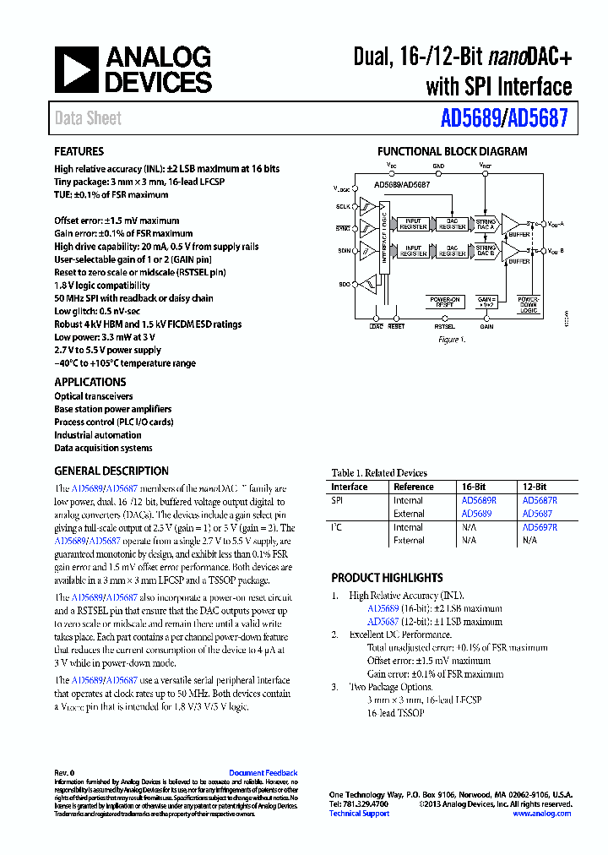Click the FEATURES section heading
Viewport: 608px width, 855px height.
[79, 152]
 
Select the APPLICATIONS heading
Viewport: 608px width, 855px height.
[90, 382]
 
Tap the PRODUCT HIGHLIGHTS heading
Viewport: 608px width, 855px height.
[387, 578]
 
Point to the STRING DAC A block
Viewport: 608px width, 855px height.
[486, 225]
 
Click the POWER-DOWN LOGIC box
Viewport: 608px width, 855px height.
[529, 303]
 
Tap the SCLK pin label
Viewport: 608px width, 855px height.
[344, 206]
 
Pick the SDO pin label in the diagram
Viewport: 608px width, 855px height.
[345, 285]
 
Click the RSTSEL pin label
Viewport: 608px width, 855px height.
[444, 326]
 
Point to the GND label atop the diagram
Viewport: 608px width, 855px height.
[437, 166]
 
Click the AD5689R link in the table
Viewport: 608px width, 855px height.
[478, 500]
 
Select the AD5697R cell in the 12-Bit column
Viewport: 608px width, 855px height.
[539, 527]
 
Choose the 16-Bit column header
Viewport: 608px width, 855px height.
[473, 487]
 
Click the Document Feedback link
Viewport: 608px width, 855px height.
[263, 773]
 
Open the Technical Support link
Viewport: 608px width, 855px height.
[359, 814]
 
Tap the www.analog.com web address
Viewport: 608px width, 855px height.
[541, 814]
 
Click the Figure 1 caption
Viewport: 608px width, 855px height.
[451, 339]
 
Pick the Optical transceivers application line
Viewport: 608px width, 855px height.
[94, 396]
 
